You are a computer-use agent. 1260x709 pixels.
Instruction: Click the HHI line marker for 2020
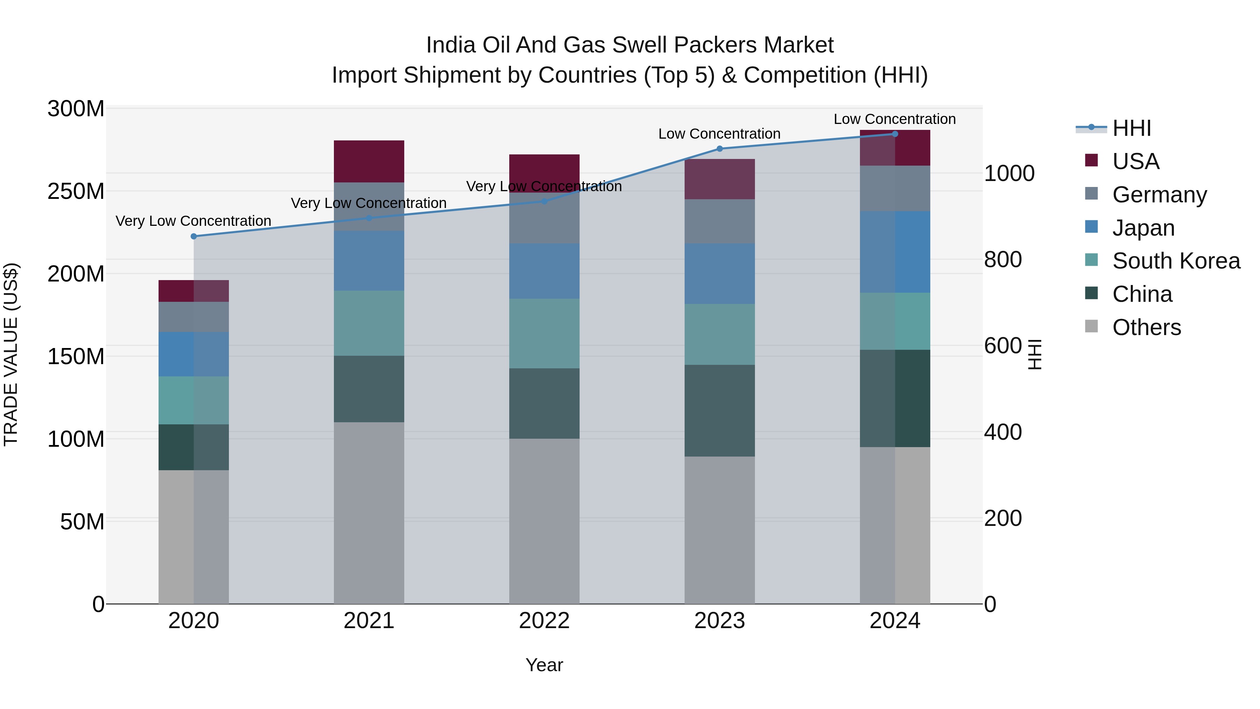click(194, 236)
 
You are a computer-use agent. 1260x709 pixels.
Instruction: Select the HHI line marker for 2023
click(720, 149)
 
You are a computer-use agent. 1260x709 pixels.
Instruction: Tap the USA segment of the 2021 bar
click(369, 161)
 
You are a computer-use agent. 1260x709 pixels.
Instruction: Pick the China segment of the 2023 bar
click(720, 411)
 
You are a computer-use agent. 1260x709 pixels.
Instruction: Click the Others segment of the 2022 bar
click(544, 521)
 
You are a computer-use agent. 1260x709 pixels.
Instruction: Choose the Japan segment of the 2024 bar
click(895, 252)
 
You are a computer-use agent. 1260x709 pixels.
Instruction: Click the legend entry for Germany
click(1159, 195)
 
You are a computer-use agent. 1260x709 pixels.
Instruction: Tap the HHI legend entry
click(1131, 128)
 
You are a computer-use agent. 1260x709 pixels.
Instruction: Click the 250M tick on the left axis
click(76, 191)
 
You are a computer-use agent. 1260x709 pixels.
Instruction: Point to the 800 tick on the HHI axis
click(1003, 259)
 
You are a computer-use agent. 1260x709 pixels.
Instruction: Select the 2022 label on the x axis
click(544, 621)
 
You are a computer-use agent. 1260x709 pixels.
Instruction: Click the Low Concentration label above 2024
click(895, 119)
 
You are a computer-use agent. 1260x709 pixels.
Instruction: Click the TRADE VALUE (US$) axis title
click(11, 354)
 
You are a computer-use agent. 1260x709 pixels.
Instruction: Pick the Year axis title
click(544, 665)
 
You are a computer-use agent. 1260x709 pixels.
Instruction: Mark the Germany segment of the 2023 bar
click(720, 221)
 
